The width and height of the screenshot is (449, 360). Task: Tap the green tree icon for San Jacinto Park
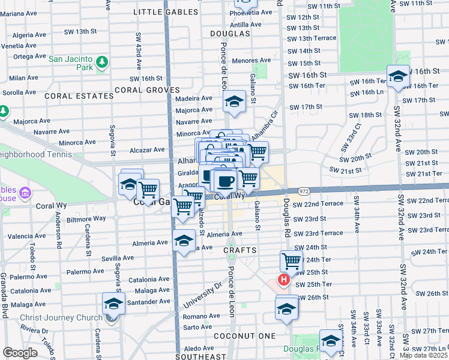click(x=102, y=62)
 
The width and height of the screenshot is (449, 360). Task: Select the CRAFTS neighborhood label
click(x=240, y=250)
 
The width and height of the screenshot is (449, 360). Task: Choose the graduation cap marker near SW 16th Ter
click(x=397, y=76)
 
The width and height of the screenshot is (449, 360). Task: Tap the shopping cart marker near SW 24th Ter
click(x=291, y=260)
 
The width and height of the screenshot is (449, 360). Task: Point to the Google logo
click(x=20, y=353)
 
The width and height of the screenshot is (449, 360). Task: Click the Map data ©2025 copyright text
click(x=424, y=355)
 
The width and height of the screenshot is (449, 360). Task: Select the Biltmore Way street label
click(x=86, y=219)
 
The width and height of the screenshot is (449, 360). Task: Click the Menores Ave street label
click(x=253, y=61)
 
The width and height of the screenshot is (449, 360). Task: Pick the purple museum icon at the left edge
click(x=25, y=193)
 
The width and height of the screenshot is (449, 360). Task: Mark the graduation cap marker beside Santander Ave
click(x=113, y=304)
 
